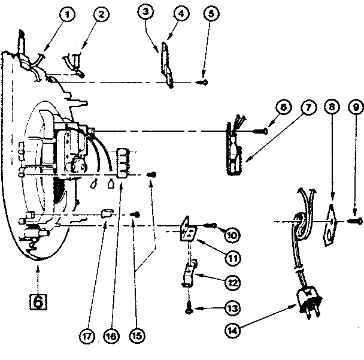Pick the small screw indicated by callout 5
click(x=204, y=81)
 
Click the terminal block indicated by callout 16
click(x=123, y=164)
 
